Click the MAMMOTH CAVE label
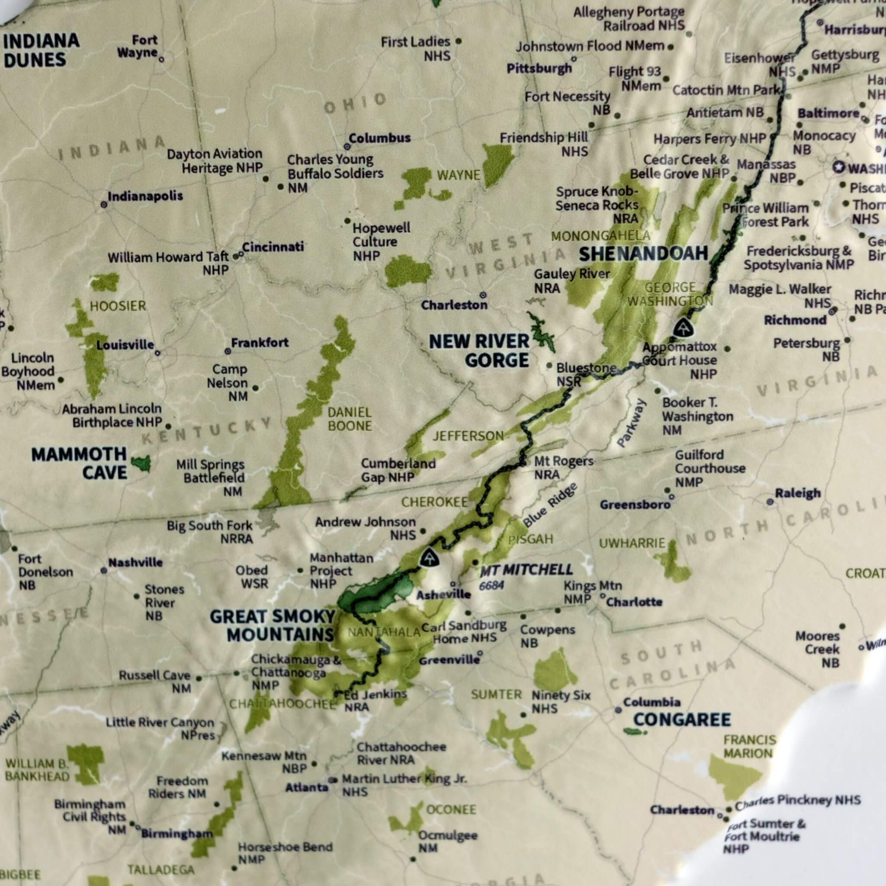(x=79, y=463)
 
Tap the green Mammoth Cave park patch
(x=141, y=463)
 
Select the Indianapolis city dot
(x=104, y=205)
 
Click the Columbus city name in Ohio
(x=380, y=138)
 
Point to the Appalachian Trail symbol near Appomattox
(x=683, y=328)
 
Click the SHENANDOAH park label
(x=643, y=254)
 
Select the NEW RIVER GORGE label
(x=479, y=351)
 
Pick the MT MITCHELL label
(x=526, y=570)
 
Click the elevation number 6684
(x=491, y=586)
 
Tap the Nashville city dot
(x=104, y=571)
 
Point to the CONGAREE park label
(x=682, y=719)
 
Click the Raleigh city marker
(x=770, y=502)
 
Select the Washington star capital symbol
(x=839, y=167)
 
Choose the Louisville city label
(x=125, y=345)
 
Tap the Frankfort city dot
(x=228, y=351)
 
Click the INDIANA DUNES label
(x=41, y=51)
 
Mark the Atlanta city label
(x=307, y=787)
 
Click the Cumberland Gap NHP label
(x=398, y=470)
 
